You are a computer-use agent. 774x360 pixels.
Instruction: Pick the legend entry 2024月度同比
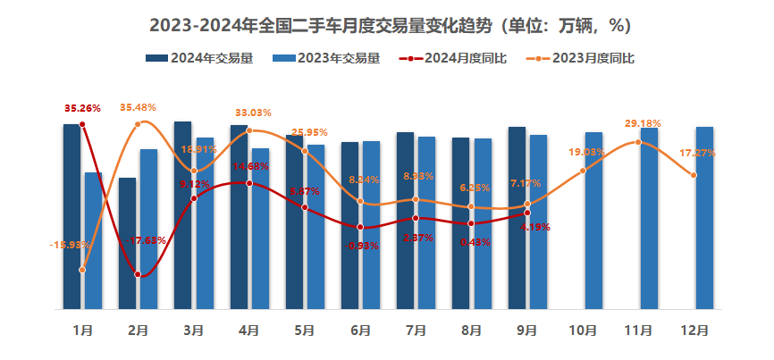(455, 58)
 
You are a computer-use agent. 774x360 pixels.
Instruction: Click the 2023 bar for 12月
(704, 218)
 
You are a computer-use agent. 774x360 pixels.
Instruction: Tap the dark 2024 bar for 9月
(517, 218)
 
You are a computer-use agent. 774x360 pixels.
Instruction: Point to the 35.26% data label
(82, 109)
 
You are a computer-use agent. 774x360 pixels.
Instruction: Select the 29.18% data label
(644, 123)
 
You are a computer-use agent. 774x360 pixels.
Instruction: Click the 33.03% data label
(253, 113)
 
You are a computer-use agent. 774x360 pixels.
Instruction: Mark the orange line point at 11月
(638, 142)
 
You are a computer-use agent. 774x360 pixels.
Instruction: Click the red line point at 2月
(138, 274)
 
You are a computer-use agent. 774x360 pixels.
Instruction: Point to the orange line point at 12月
(694, 175)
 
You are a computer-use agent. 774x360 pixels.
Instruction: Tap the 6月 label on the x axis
(360, 331)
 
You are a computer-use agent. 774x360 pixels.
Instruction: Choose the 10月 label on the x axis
(583, 331)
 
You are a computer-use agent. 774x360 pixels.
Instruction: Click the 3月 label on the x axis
(193, 331)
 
